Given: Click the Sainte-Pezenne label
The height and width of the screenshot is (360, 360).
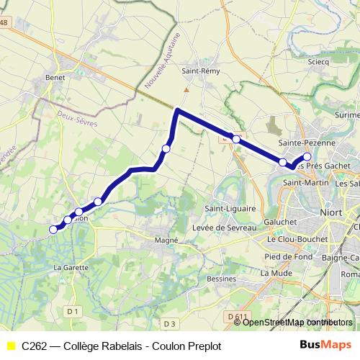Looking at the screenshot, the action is (311, 143).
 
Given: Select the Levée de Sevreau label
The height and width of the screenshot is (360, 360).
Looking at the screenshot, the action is (225, 228).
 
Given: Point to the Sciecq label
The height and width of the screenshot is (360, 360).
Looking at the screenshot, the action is (318, 63).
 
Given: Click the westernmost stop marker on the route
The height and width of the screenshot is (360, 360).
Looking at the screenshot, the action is (53, 230).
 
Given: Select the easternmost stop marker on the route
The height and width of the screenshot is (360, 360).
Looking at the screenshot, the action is (307, 156).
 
